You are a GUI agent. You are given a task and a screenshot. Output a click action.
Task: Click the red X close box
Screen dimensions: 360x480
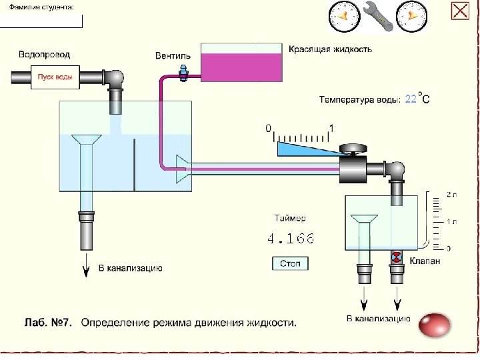460,11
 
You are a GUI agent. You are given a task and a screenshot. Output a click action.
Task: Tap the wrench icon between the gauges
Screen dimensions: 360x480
379,15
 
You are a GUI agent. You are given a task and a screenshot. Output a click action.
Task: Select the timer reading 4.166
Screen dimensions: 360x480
290,238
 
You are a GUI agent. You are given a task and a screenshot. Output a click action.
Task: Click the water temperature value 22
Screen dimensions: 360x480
411,99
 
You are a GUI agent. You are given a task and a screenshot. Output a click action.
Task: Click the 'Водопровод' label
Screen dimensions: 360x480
44,54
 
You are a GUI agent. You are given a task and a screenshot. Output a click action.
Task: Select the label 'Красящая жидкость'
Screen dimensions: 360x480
330,49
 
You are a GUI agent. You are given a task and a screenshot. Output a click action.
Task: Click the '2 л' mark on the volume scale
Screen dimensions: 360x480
451,195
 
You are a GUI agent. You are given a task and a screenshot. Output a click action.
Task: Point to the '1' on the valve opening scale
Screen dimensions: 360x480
331,127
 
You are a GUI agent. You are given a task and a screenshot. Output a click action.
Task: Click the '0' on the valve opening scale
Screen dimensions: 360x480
269,127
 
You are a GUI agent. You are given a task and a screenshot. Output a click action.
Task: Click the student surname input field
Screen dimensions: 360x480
41,20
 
